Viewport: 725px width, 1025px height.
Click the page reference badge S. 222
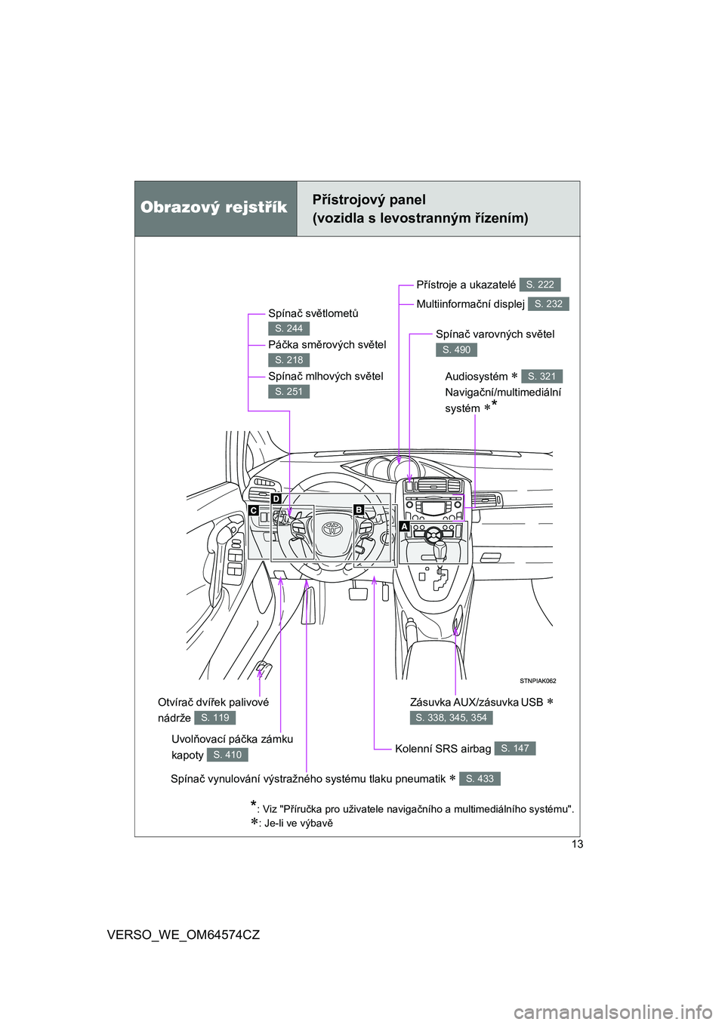point(540,285)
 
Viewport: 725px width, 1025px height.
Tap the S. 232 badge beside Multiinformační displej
point(548,304)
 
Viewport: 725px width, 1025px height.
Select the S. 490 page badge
point(456,350)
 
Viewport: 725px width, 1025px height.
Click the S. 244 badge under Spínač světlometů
point(288,328)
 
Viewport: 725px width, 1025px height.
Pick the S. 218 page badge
point(288,360)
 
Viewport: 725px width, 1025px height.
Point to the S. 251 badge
point(288,392)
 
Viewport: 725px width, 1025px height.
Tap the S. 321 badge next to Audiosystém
point(541,377)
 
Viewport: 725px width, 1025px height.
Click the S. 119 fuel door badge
point(214,718)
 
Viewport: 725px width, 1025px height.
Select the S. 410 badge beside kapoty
point(227,755)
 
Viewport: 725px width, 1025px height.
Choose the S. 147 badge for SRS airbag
point(515,748)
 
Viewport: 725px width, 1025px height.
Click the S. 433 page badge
point(480,779)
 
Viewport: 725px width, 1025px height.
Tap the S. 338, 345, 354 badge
point(452,718)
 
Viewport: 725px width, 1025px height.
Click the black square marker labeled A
point(405,526)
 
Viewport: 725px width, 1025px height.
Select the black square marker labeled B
point(359,509)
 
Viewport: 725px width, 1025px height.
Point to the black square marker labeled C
point(254,510)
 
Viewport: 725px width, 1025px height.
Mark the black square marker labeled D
point(276,499)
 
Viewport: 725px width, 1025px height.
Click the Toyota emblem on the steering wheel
point(332,528)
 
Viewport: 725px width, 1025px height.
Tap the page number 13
point(577,844)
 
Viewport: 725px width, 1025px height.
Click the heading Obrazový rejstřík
point(214,208)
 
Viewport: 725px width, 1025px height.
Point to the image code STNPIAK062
point(538,681)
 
